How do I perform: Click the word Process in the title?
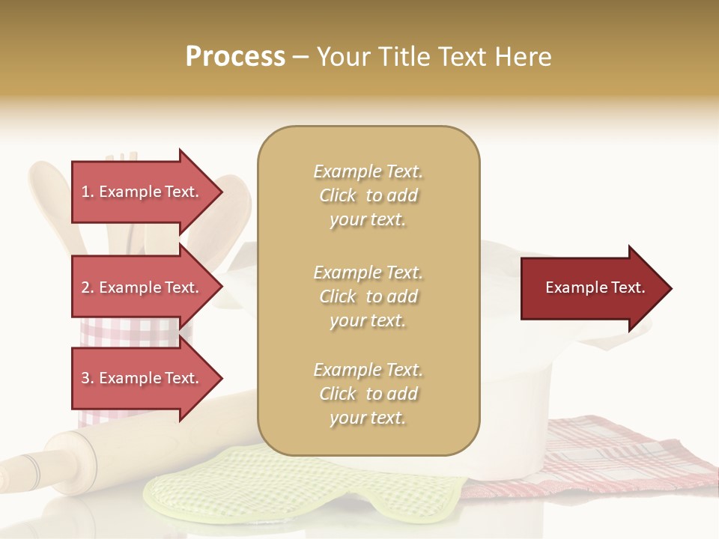pyautogui.click(x=235, y=56)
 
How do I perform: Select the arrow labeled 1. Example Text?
pyautogui.click(x=142, y=192)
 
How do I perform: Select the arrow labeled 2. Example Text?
pyautogui.click(x=142, y=287)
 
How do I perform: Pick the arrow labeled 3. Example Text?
pyautogui.click(x=142, y=378)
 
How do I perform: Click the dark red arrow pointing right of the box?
pyautogui.click(x=592, y=288)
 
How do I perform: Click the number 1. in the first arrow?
pyautogui.click(x=88, y=192)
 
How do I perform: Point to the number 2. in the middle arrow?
pyautogui.click(x=88, y=287)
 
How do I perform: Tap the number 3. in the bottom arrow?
pyautogui.click(x=88, y=378)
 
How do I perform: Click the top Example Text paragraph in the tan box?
pyautogui.click(x=368, y=195)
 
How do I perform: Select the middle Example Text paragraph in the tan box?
pyautogui.click(x=368, y=296)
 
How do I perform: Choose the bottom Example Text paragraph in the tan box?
pyautogui.click(x=368, y=394)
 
